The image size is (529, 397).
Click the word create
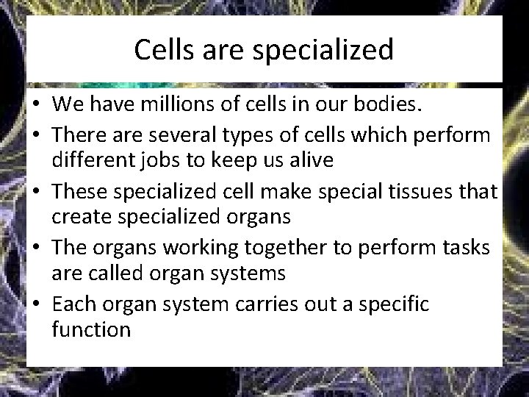point(82,217)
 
